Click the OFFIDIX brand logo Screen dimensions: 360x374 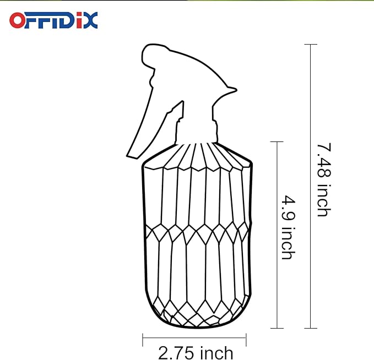click(x=53, y=20)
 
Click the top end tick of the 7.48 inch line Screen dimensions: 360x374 click(x=311, y=44)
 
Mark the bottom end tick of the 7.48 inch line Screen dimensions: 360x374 click(x=311, y=328)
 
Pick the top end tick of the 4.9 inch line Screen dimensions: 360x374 click(x=276, y=142)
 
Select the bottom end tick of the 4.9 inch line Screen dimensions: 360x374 click(x=276, y=328)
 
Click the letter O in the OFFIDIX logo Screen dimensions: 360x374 click(x=18, y=20)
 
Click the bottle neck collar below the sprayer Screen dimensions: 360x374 click(x=196, y=132)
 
